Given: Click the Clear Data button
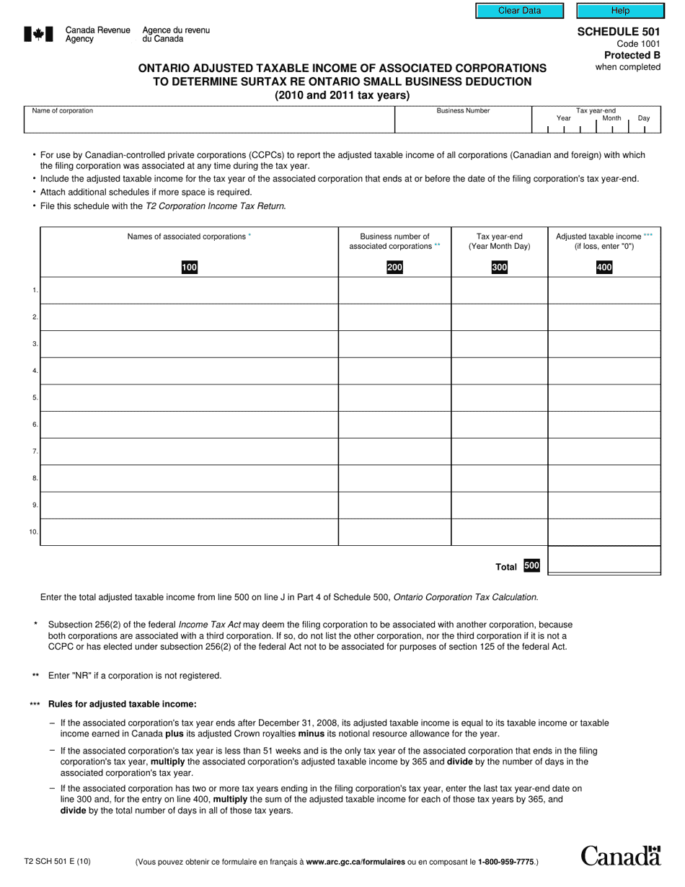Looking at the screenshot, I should tap(519, 11).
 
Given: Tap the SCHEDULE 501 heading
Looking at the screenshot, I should tap(619, 32).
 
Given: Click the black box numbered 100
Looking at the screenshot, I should tap(189, 268).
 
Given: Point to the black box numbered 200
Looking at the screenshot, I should tap(394, 268).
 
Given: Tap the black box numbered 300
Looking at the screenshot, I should tap(499, 268).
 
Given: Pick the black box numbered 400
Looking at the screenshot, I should tap(604, 268).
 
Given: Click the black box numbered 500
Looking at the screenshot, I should tap(531, 566).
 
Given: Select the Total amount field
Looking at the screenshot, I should tap(604, 560).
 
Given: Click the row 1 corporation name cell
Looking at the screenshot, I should tap(189, 291).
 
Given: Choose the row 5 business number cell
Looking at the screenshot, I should tap(394, 398).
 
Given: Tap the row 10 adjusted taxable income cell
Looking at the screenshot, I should tap(604, 532).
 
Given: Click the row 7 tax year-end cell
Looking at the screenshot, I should tap(499, 451).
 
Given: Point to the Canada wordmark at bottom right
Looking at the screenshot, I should tap(620, 855).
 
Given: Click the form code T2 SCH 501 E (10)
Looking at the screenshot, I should tap(58, 861).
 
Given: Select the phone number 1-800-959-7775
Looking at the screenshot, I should tap(505, 862).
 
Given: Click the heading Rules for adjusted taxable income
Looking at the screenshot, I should tap(122, 705).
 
